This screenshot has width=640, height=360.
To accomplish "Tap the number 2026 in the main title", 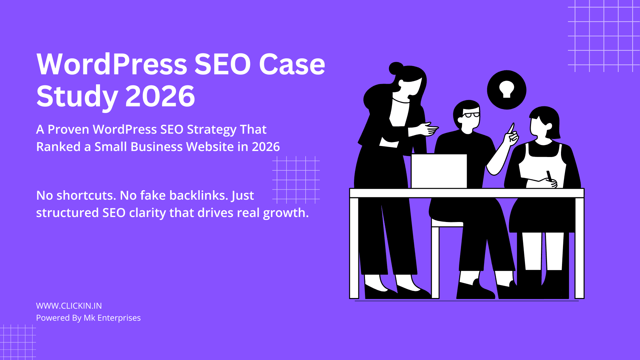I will [160, 96].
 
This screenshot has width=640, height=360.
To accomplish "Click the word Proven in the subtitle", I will [68, 129].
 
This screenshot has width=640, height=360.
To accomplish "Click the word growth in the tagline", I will [286, 213].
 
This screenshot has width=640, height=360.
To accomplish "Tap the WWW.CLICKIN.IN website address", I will [69, 306].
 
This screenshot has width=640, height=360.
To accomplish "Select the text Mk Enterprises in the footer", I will [112, 318].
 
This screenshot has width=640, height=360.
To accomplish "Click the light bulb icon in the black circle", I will [507, 89].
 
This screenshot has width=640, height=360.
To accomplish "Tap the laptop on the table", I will [439, 171].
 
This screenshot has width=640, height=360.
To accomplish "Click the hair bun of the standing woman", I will [396, 68].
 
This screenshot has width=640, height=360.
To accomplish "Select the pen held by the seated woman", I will [549, 175].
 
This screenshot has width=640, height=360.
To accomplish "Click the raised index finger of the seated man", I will [511, 128].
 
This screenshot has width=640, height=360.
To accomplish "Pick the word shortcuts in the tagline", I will [86, 195].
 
